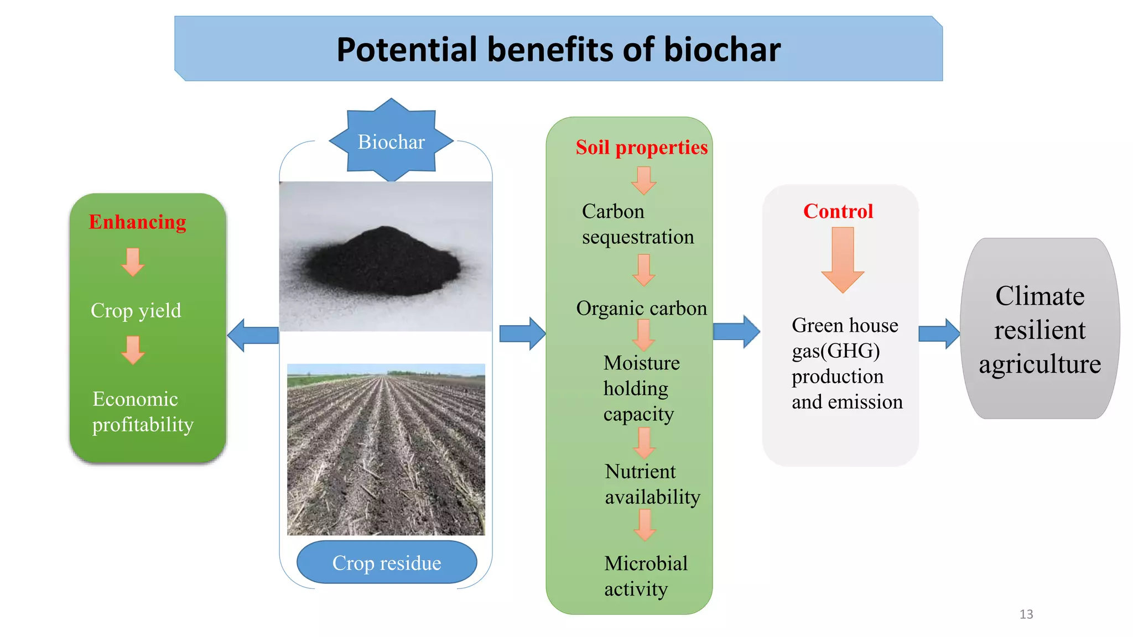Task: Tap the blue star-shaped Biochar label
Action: coord(391,142)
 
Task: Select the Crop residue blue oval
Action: coord(387,562)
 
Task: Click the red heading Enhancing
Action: coord(137,222)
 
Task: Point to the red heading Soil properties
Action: coord(641,147)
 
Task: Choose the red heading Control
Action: coord(838,211)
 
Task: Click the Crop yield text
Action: coord(136,311)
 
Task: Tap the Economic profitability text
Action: coord(143,412)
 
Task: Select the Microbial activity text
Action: coord(646,576)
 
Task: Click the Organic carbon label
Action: coord(641,308)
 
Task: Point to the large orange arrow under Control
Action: coord(843,259)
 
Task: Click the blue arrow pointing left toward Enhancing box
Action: coord(253,335)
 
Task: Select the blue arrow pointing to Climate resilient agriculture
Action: coord(939,334)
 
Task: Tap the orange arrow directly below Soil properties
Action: coord(643,180)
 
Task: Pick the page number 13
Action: coord(1026,614)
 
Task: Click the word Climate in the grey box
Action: coord(1040,296)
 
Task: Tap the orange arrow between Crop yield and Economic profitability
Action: coord(133,350)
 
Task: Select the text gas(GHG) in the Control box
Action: coord(835,351)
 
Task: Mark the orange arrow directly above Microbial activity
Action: coord(645,525)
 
